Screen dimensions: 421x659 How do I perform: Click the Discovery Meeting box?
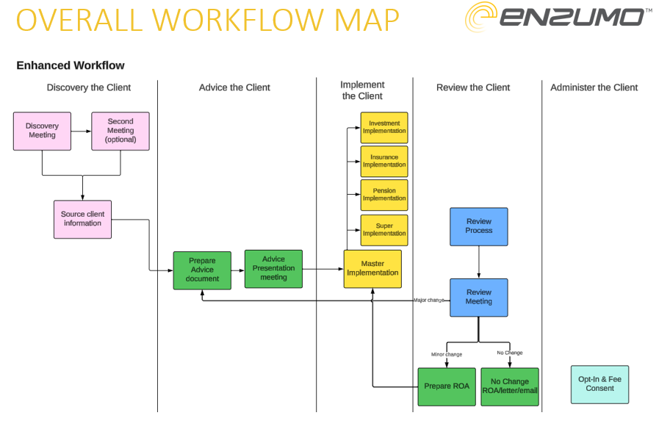pos(42,131)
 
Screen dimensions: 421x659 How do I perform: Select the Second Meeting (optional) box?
pos(120,131)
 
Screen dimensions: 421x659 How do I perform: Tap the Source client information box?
pos(82,219)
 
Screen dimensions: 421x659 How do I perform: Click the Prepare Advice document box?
pos(202,270)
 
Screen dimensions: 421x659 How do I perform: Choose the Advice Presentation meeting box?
pos(273,268)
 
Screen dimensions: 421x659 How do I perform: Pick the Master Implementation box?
pos(372,268)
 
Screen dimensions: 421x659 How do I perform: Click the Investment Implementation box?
pos(384,128)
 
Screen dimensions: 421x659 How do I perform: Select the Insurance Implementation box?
pos(384,161)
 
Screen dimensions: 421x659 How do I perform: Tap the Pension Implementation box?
pos(384,195)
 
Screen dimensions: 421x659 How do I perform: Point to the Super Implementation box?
pos(384,230)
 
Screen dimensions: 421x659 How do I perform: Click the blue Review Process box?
pos(478,226)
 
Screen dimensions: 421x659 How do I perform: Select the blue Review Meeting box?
pos(478,297)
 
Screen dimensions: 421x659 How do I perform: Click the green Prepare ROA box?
pos(447,386)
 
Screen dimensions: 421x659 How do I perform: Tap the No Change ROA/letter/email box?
pos(510,386)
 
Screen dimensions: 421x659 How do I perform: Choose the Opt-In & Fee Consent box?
pos(599,384)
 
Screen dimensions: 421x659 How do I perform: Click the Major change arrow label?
pos(430,301)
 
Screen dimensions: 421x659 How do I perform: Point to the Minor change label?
pos(447,354)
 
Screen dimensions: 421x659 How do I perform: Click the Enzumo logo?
pos(558,18)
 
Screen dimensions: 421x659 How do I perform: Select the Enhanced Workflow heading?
pos(71,65)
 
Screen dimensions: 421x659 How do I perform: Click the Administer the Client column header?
pos(594,87)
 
